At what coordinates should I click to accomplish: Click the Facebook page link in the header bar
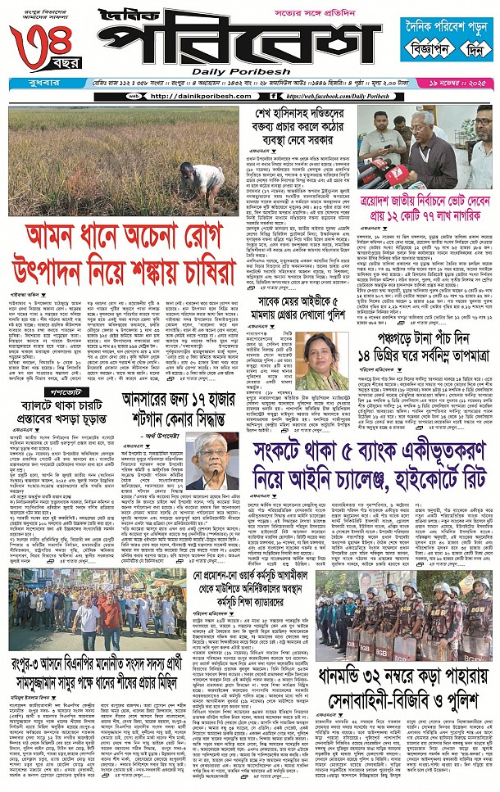[345, 96]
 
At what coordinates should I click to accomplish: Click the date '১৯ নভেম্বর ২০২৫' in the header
[466, 83]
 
